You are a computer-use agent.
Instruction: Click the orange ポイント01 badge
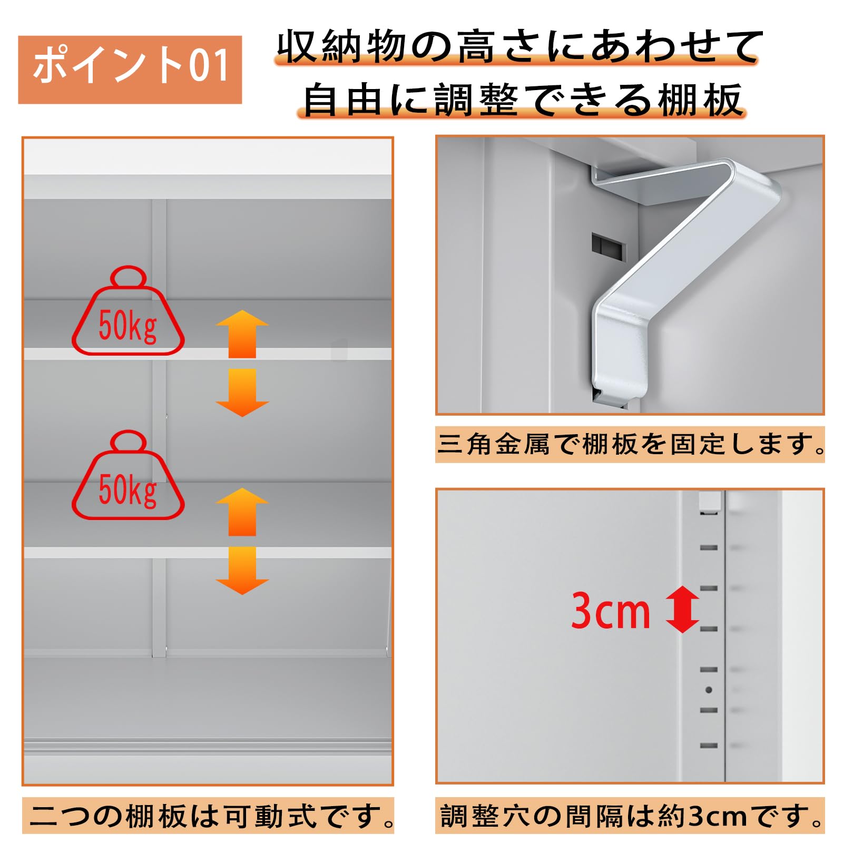pos(130,70)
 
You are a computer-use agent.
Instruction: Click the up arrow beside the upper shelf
pos(242,334)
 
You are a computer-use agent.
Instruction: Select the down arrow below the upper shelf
pos(242,393)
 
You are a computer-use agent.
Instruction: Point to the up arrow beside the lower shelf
pos(242,512)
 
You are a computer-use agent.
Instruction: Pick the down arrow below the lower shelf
pos(242,571)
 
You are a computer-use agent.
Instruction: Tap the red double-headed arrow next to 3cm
pos(682,610)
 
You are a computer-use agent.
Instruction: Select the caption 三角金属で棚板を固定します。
pos(630,444)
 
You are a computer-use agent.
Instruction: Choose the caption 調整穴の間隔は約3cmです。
pos(630,816)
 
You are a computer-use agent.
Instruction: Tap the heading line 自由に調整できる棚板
pos(522,100)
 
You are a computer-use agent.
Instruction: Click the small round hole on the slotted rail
pos(709,690)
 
